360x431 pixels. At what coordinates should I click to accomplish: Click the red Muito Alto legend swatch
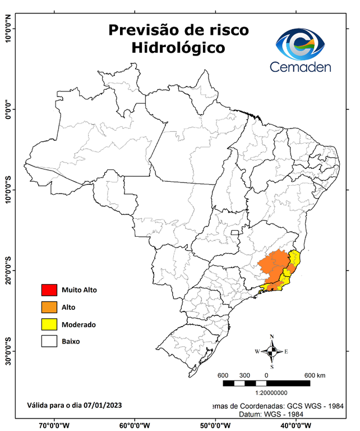point(49,290)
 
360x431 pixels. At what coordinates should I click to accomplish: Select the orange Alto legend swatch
point(49,307)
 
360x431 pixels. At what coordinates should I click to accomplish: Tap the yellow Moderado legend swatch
point(49,324)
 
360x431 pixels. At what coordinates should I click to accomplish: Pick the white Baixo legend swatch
point(49,341)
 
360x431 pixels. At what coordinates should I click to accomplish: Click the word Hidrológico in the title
point(179,48)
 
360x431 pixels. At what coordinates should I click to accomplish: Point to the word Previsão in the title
point(142,29)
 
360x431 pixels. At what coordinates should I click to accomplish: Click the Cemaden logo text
point(301,67)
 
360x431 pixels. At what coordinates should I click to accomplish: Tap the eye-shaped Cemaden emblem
point(301,44)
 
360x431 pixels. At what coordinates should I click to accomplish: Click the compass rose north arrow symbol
point(272,351)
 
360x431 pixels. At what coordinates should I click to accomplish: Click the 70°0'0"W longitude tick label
point(54,425)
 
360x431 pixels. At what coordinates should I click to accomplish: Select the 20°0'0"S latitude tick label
point(8,270)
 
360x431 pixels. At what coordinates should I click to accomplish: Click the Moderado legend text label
point(79,324)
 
